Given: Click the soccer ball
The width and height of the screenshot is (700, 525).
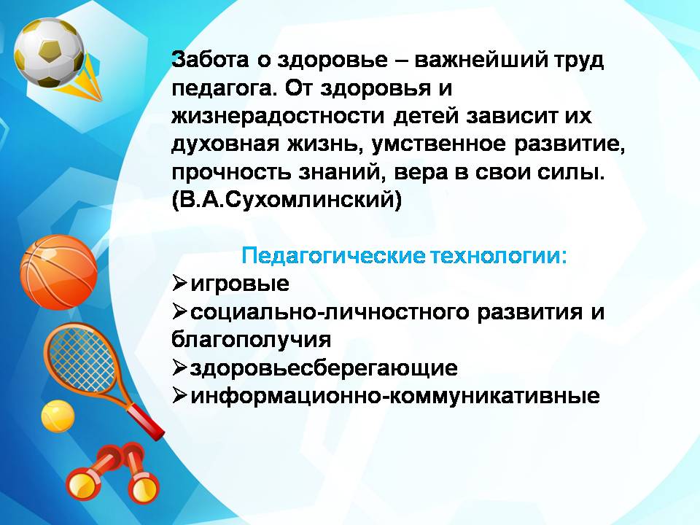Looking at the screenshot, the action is point(49,53).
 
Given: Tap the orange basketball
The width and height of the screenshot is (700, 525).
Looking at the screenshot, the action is point(58,272).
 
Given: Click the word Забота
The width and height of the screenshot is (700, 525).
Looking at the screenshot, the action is point(210,60).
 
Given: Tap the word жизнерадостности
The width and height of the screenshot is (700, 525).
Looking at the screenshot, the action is point(278,117).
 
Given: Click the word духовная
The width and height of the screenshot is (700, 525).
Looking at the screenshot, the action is point(225,144).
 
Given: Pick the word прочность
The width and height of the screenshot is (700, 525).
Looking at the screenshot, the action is point(232,174).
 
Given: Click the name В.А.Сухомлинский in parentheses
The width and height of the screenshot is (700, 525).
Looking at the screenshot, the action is point(287,201).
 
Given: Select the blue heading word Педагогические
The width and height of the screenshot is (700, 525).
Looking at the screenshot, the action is point(333,256).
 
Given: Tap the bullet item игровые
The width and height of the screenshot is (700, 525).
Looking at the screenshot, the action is point(240,284).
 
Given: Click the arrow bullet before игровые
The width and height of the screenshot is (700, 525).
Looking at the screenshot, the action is point(179,284).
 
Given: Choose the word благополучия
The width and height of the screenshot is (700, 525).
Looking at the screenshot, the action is point(251,341).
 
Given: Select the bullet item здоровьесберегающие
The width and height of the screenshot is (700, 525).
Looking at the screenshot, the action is point(324,368).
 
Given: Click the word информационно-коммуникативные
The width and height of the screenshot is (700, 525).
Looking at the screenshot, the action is point(395,396).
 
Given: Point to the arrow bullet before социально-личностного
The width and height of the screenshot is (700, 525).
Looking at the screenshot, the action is point(179,311).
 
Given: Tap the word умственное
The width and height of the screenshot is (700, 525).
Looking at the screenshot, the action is point(438,144).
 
